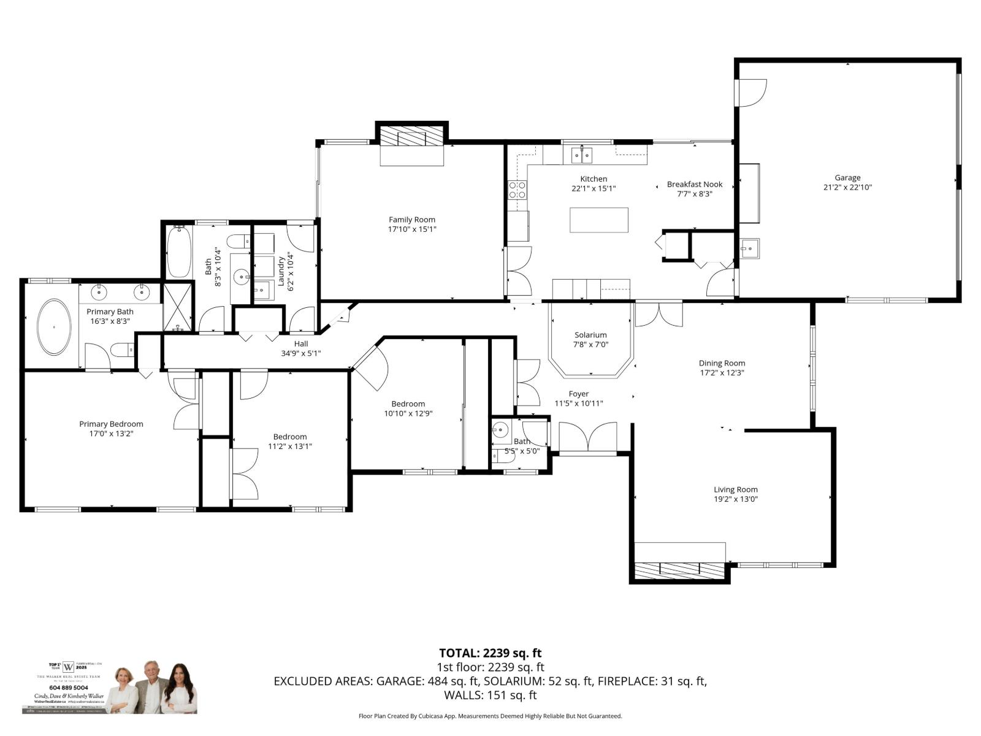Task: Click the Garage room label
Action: pyautogui.click(x=847, y=178)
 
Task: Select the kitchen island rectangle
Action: pyautogui.click(x=598, y=220)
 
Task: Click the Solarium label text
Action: pyautogui.click(x=590, y=335)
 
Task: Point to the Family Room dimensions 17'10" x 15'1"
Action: pyautogui.click(x=411, y=229)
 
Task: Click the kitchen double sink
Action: pyautogui.click(x=582, y=155)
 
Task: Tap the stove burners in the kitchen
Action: pyautogui.click(x=517, y=190)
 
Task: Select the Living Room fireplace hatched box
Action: pyautogui.click(x=679, y=570)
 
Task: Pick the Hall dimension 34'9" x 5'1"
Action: pyautogui.click(x=301, y=353)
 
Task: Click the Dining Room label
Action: pyautogui.click(x=722, y=363)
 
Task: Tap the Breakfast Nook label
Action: pyautogui.click(x=694, y=184)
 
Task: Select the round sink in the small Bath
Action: pyautogui.click(x=501, y=429)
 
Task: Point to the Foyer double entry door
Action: pyautogui.click(x=587, y=438)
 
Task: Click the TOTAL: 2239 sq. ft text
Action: pyautogui.click(x=490, y=653)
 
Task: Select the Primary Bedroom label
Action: pyautogui.click(x=111, y=424)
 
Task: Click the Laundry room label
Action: pyautogui.click(x=281, y=271)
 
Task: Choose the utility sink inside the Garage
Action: pyautogui.click(x=749, y=248)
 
